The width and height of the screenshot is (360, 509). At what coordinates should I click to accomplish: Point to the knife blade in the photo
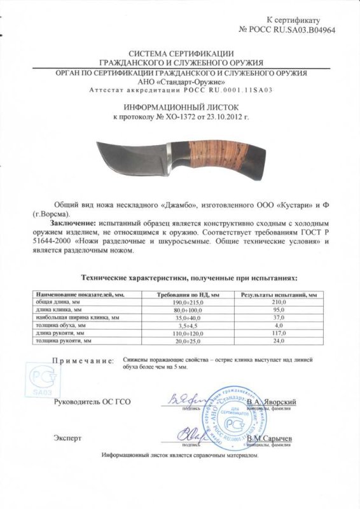(x=127, y=154)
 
